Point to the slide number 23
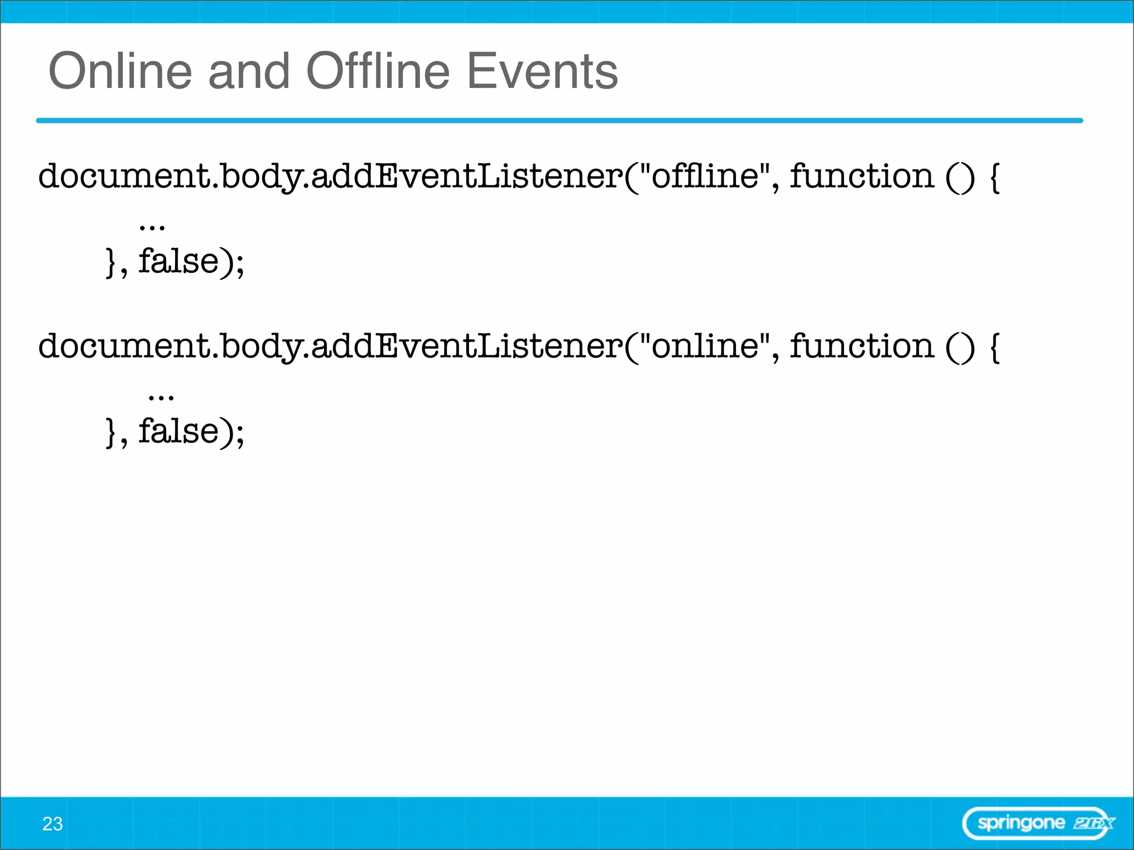click(x=53, y=824)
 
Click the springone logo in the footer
click(x=1038, y=823)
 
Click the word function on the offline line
click(x=862, y=176)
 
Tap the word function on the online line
click(x=862, y=346)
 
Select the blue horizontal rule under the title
click(x=559, y=120)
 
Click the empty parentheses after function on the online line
click(x=960, y=347)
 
